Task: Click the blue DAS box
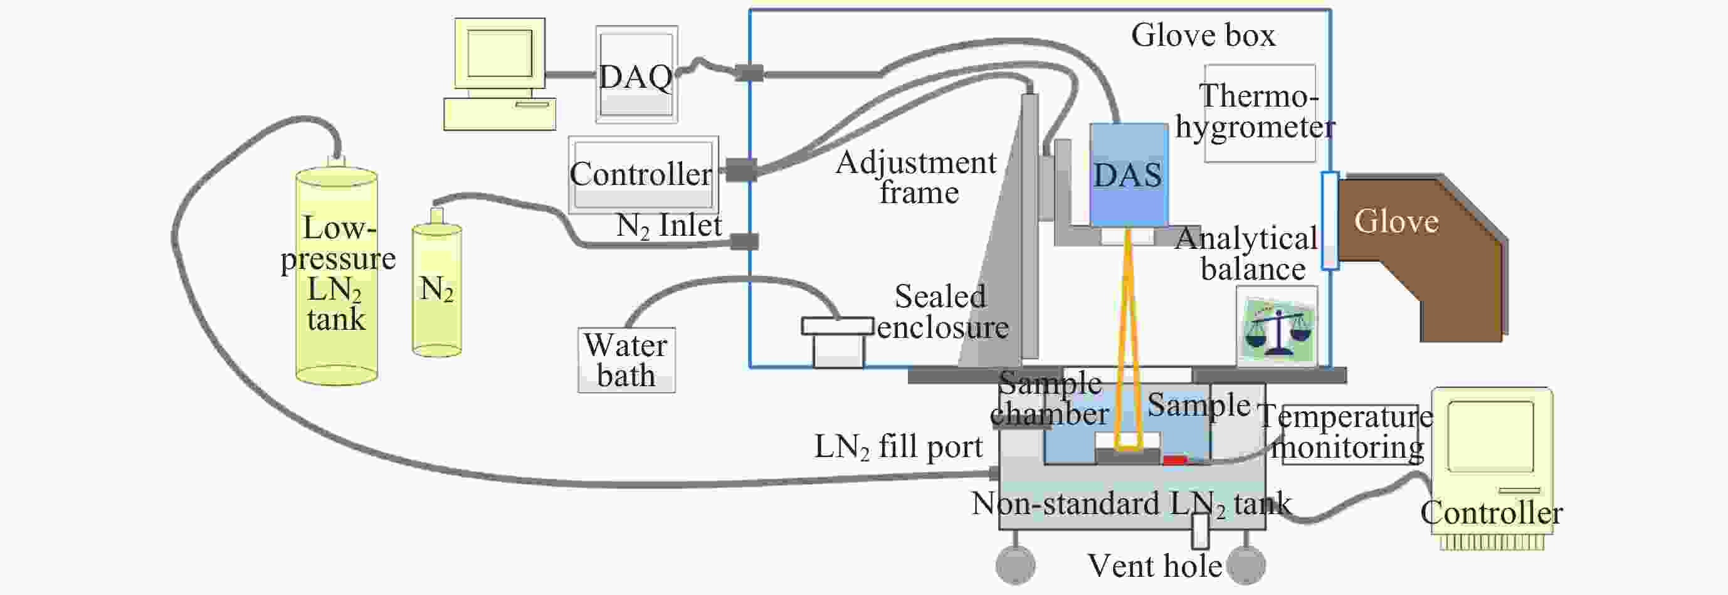point(1129,174)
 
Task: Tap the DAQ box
point(636,75)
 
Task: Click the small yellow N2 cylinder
point(436,288)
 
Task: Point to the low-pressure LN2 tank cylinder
point(337,275)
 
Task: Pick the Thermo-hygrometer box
point(1259,113)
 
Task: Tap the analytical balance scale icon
point(1277,327)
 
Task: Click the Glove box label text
point(1203,35)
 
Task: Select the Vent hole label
point(1154,566)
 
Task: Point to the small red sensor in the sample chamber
point(1174,460)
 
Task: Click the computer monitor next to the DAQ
point(500,54)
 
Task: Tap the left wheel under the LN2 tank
point(1015,564)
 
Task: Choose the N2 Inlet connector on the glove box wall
point(744,241)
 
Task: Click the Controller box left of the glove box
point(643,174)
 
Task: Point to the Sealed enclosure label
point(942,312)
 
